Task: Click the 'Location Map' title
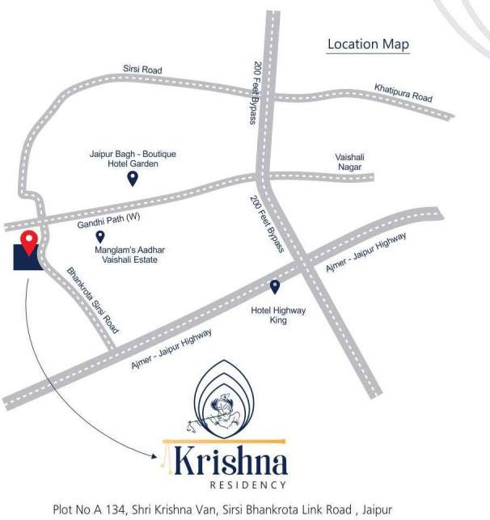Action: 368,44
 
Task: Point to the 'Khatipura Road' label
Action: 403,92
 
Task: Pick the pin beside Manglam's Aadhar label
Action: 99,237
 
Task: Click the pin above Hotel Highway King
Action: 275,286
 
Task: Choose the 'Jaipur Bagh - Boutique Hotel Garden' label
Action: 132,159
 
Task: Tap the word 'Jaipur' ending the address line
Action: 421,509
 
